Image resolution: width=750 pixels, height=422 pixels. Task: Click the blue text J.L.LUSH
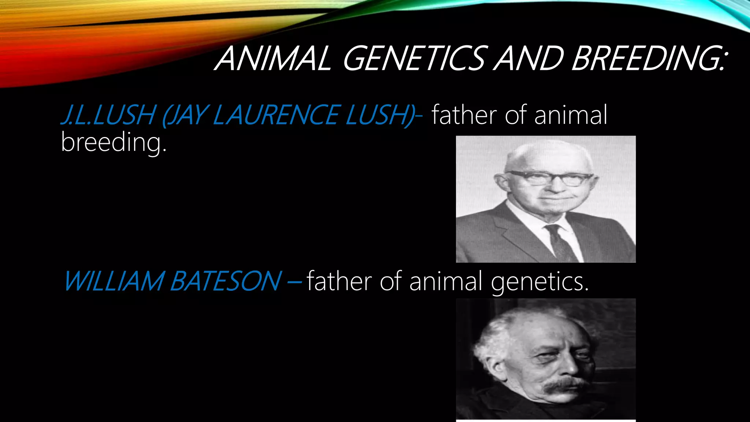(x=108, y=115)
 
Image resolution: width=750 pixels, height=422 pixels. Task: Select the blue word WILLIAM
(x=114, y=281)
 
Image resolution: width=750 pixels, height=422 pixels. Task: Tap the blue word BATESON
(x=226, y=281)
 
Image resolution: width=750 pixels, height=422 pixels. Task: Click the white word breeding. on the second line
(x=114, y=142)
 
